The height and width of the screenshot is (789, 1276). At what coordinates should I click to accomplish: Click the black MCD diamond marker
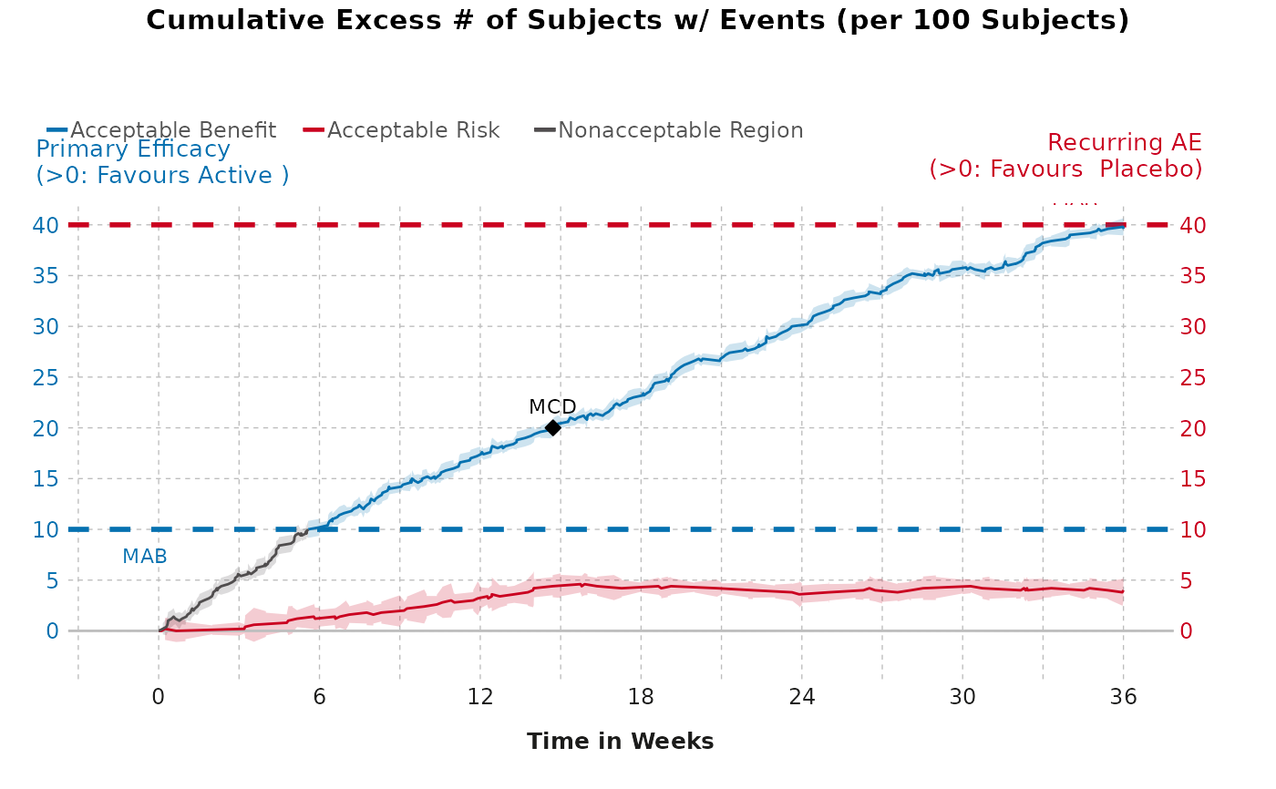552,428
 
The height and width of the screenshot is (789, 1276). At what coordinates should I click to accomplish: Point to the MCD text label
552,407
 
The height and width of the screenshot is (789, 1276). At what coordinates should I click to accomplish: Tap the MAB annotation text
145,557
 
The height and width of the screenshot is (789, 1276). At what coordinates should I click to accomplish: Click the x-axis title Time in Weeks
620,742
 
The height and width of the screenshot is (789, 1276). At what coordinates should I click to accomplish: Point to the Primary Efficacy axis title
133,149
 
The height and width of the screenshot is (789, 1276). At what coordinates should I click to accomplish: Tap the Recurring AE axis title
1124,143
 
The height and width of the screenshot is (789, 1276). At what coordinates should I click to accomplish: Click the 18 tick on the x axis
641,697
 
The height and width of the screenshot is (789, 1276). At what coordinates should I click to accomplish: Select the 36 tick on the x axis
1123,697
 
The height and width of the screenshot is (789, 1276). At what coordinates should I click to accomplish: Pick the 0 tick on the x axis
159,697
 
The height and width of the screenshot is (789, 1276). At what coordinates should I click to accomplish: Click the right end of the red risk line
1123,591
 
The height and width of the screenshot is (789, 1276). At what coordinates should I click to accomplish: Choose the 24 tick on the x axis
802,697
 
